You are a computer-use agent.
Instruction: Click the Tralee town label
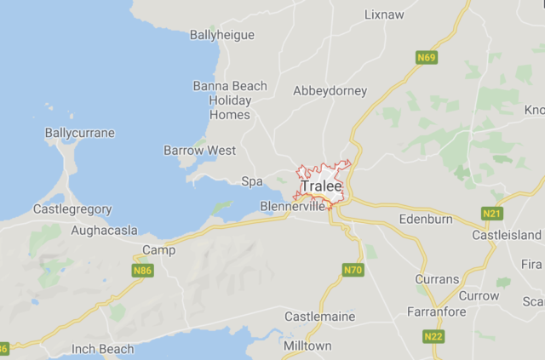tap(321, 186)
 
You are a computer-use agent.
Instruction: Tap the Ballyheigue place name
tap(221, 35)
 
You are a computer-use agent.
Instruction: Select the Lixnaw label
tap(384, 14)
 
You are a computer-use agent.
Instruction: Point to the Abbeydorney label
tap(330, 90)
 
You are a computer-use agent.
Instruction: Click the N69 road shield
tap(427, 58)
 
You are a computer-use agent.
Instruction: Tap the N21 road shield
tap(491, 214)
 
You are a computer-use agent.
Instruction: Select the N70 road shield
tap(353, 271)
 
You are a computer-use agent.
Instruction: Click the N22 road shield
tap(433, 338)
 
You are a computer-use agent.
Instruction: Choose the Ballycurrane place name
tap(79, 134)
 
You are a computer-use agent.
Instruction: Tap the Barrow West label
tap(199, 151)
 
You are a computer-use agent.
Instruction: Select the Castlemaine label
tap(320, 317)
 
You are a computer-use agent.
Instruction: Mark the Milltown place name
tap(307, 346)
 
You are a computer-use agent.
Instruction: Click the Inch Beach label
tap(103, 349)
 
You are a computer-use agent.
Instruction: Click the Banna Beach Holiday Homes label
tap(230, 100)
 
